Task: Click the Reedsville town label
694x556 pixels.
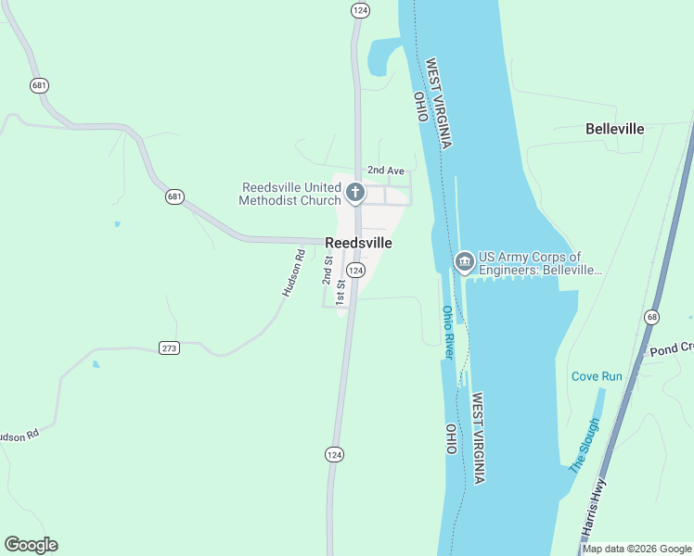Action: tap(358, 243)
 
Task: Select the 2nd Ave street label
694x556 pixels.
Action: tap(386, 171)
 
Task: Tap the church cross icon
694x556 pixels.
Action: tap(354, 193)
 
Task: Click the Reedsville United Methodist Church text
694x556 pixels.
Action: tap(289, 194)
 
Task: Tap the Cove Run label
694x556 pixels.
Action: tap(597, 376)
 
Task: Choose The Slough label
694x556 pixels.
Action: tap(585, 446)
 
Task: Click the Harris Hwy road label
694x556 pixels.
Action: tap(594, 509)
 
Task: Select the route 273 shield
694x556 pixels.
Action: tap(169, 348)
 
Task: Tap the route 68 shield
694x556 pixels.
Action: tap(652, 317)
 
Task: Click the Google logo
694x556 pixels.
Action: tap(31, 545)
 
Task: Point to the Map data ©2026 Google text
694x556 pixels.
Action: tap(637, 549)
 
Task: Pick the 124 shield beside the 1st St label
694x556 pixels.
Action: tap(357, 269)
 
